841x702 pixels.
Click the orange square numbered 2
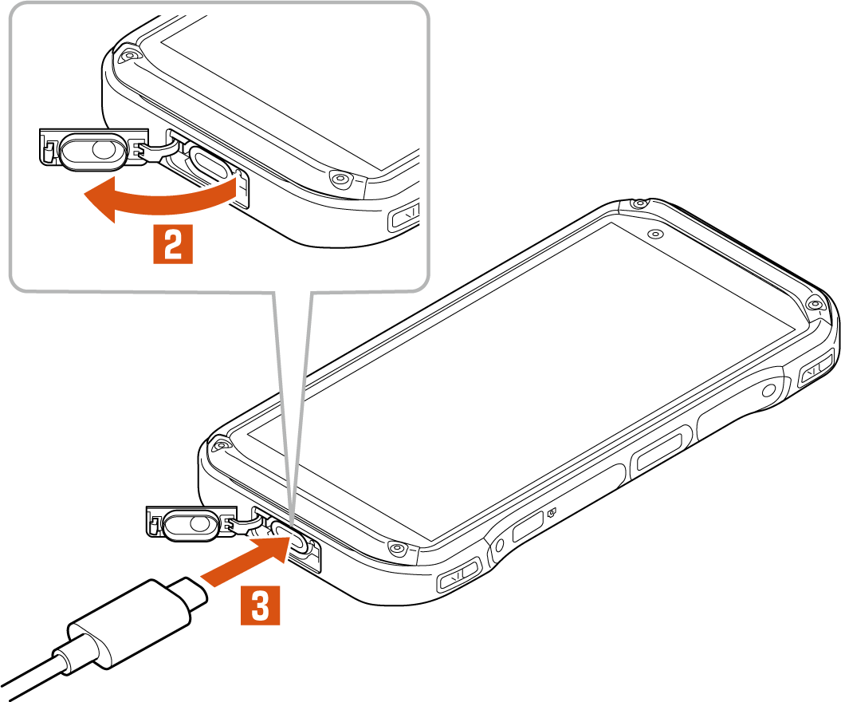pos(173,245)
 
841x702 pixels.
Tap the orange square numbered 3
pos(260,605)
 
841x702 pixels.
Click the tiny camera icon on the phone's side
pos(552,513)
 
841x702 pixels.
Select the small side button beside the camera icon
pos(528,526)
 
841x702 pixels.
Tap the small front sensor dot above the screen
pos(654,234)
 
